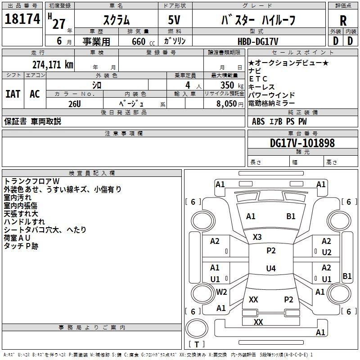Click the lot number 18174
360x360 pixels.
click(22, 19)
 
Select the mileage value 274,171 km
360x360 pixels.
click(52, 64)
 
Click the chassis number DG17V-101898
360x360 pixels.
click(302, 143)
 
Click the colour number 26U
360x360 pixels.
click(74, 103)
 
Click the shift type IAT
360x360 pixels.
click(13, 94)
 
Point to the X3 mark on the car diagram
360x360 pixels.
click(257, 237)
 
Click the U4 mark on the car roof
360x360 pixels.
click(270, 269)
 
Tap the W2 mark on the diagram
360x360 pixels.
click(221, 292)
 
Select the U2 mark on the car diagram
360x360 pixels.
click(327, 252)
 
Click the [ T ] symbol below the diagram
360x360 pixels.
click(196, 345)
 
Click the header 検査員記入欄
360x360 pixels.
click(92, 173)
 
